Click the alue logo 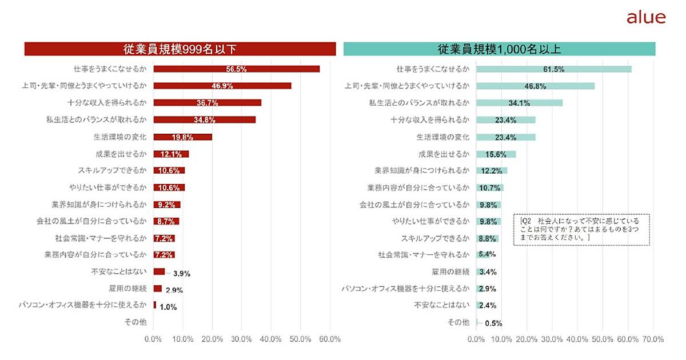click(646, 18)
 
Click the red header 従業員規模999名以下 click(180, 49)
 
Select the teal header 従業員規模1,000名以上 click(499, 49)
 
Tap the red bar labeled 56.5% click(236, 69)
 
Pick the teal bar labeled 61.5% click(553, 69)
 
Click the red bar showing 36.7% click(208, 103)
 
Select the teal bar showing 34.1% click(519, 103)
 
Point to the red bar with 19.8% click(182, 137)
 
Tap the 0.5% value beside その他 click(493, 323)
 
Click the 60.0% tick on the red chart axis click(330, 339)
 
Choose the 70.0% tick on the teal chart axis click(653, 339)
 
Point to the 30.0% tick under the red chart click(241, 339)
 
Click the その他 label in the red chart click(135, 322)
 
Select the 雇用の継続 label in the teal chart click(450, 271)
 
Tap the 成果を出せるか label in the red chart click(121, 154)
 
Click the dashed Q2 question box click(581, 229)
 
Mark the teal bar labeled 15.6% click(496, 154)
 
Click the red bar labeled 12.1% click(171, 154)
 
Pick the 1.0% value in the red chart click(168, 307)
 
